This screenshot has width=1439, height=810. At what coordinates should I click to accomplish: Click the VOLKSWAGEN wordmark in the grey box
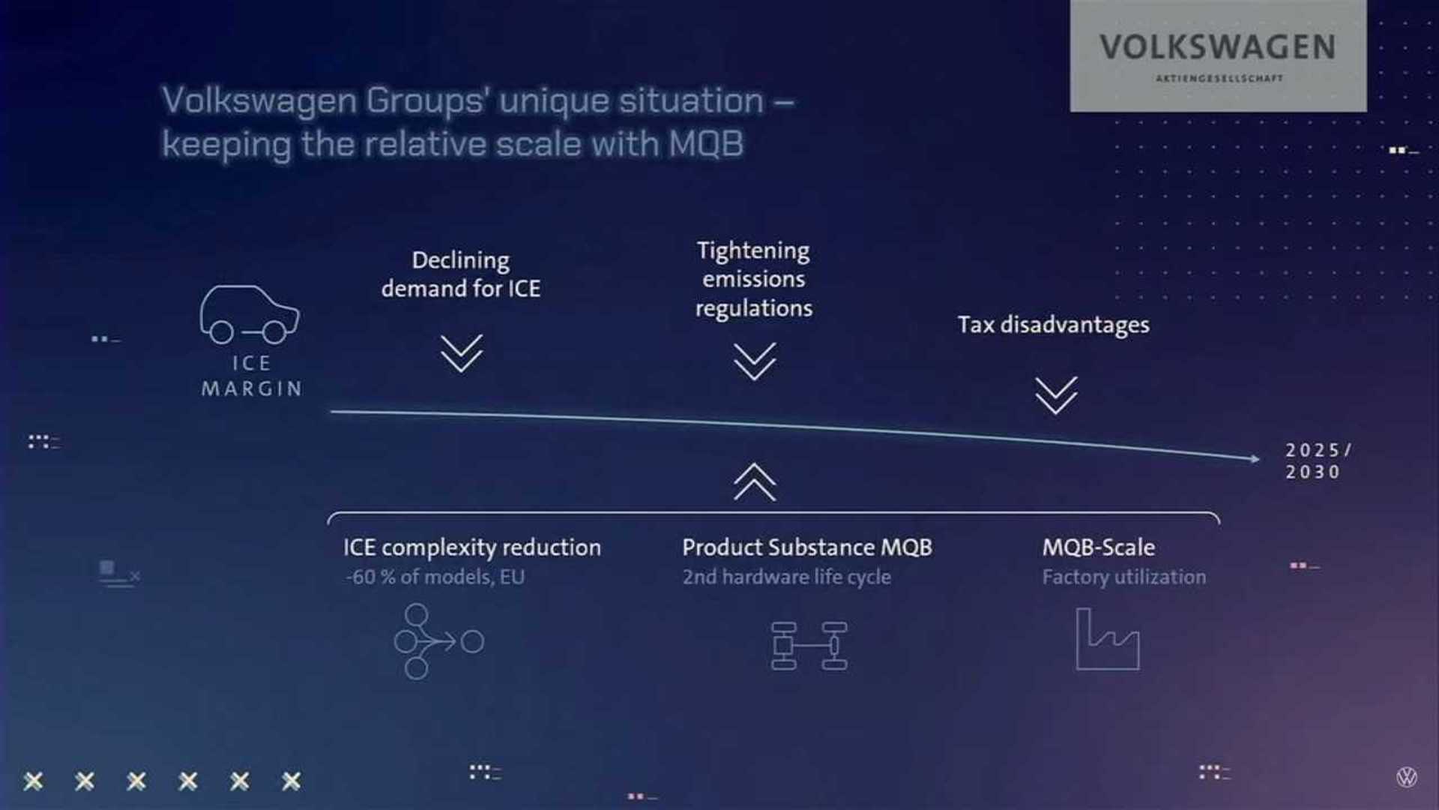coord(1217,47)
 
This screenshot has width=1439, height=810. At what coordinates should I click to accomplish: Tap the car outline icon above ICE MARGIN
coord(249,314)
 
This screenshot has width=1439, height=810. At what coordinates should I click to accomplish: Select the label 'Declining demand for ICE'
coord(460,274)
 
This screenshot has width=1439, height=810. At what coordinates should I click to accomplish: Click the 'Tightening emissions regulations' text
coord(753,279)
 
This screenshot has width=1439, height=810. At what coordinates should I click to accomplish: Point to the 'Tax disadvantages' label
coord(1053,325)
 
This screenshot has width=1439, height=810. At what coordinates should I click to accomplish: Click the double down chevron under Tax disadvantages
coord(1056,395)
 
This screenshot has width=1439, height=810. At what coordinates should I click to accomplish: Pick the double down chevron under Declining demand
coord(461,353)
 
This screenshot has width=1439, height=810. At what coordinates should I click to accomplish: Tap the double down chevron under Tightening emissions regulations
coord(754,361)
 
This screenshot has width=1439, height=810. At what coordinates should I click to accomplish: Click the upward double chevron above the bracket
coord(755,481)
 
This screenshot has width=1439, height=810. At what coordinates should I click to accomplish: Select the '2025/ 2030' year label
coord(1318,460)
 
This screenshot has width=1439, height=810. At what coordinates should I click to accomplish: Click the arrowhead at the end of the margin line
coord(1255,458)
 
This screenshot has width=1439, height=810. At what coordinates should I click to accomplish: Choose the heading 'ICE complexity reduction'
coord(472,547)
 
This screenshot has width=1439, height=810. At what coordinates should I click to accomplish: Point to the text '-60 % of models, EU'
coord(435,577)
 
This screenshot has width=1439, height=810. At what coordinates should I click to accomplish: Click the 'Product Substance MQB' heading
coord(807,547)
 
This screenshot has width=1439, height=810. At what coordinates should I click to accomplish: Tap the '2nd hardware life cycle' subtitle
coord(786,577)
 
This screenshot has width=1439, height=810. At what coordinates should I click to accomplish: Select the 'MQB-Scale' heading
coord(1098,547)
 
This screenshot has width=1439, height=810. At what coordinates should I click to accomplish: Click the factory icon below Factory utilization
coord(1107,639)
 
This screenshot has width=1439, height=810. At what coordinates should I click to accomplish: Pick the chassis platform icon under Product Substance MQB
coord(809,645)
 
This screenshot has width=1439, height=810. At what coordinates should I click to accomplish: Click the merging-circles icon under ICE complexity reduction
coord(438,641)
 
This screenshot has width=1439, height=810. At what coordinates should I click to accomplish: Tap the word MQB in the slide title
coord(706,144)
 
